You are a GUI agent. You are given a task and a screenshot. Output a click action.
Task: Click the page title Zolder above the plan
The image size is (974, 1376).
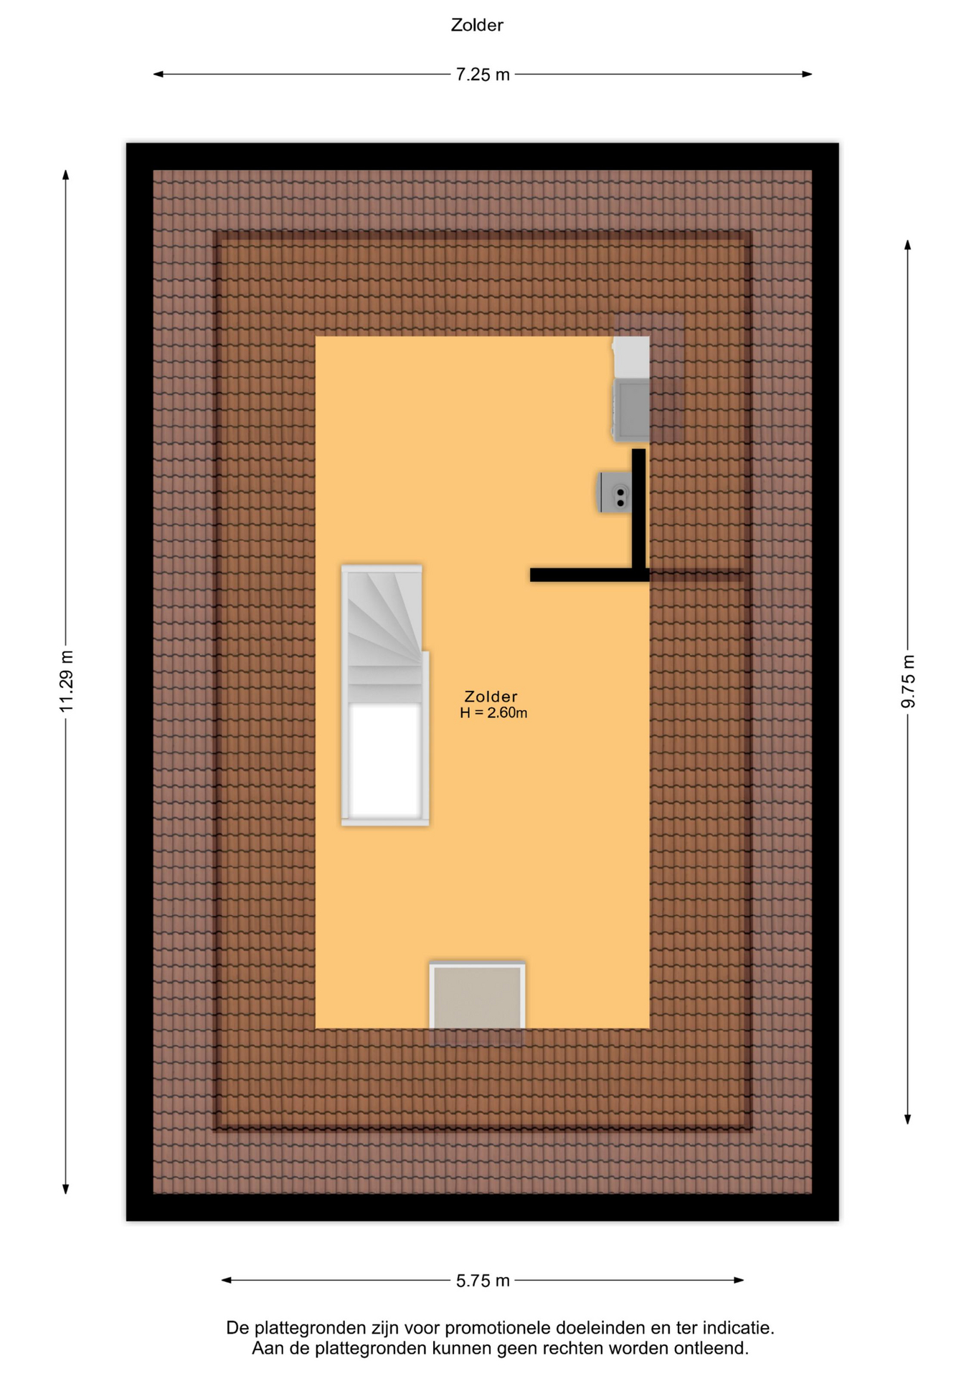coord(477,25)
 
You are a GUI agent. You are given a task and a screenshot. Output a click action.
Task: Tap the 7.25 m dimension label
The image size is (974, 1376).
coord(483,75)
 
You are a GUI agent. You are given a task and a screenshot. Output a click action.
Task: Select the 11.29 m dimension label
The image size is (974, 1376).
coord(66,682)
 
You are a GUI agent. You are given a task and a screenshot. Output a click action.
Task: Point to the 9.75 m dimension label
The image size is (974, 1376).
coord(908,682)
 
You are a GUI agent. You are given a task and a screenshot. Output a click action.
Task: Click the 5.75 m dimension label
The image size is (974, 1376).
coord(483,1281)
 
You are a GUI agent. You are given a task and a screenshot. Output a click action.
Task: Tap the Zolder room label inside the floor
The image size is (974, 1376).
coord(491,696)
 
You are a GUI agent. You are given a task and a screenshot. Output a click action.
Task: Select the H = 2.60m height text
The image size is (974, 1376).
coord(493,712)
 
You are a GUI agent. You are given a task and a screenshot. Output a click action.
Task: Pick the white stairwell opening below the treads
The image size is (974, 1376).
coord(385,760)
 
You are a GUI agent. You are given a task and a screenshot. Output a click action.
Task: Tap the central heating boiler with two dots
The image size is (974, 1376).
coord(615,492)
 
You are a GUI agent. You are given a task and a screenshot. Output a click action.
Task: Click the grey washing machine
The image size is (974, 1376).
coord(631,409)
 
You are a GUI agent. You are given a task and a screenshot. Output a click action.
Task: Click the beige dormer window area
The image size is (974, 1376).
coord(477,997)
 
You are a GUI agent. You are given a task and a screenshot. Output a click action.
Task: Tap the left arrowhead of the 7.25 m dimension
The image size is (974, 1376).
coord(158,74)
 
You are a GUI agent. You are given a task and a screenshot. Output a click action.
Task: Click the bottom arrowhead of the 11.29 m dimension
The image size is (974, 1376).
coord(65,1190)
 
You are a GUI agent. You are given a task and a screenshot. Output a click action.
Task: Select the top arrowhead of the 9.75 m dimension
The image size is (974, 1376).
coord(907,244)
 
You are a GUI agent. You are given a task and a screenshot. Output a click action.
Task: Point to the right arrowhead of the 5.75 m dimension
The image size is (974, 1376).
coord(739,1280)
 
